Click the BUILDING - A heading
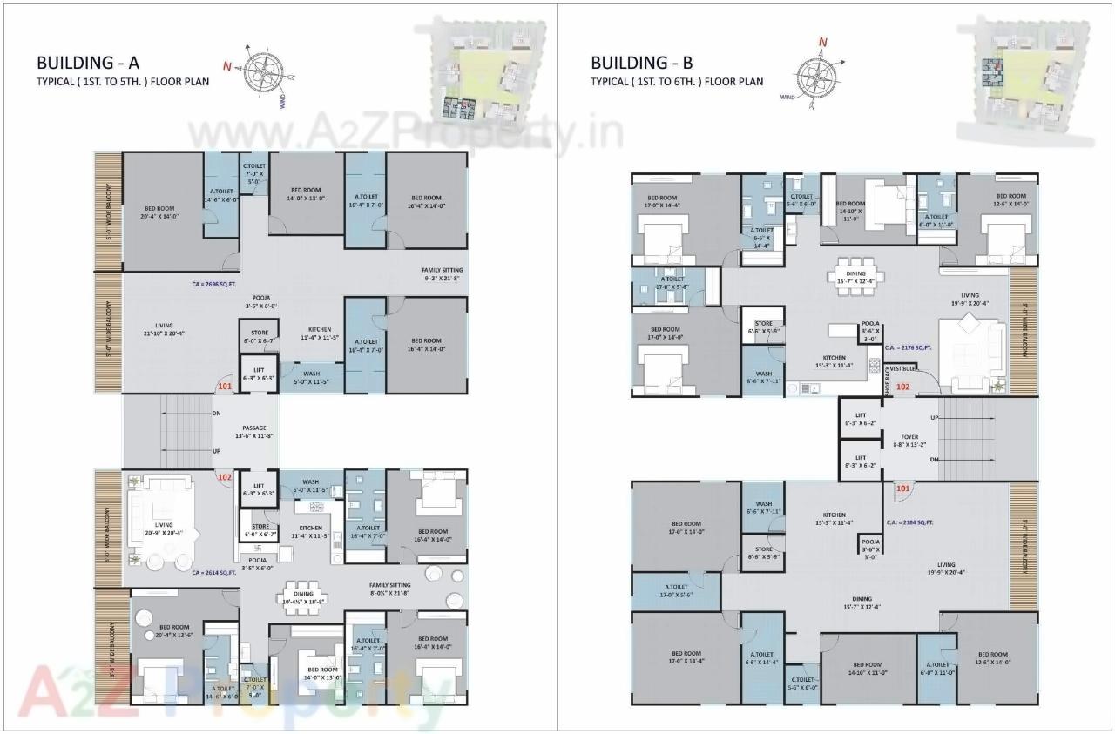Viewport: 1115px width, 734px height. [88, 63]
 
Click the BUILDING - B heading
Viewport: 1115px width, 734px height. [642, 63]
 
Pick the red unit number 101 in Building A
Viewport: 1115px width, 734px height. [225, 387]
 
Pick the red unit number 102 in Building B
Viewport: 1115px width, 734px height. [903, 387]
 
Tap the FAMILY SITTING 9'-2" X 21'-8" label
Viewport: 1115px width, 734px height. [441, 274]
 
